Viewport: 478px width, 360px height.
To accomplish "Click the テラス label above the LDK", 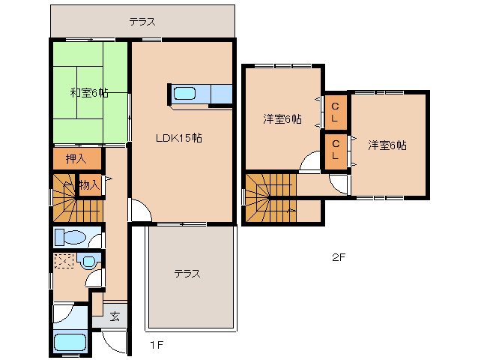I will (x=142, y=21).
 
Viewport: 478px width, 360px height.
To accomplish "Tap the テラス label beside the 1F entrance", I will (x=187, y=274).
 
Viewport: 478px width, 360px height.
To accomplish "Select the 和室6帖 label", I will (x=89, y=93).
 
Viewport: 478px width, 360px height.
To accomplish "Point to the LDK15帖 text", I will (x=178, y=138).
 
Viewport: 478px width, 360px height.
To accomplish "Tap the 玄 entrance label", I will (x=115, y=316).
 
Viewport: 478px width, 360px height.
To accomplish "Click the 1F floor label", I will (x=155, y=346).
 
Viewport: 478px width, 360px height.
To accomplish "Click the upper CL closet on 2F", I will (x=336, y=111).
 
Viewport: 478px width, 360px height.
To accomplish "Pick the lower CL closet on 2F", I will (x=336, y=149).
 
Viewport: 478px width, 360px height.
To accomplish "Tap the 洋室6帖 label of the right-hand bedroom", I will (x=387, y=145).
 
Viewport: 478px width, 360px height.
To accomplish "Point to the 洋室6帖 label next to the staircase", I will (x=282, y=119).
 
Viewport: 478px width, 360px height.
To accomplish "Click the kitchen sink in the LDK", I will (x=184, y=94).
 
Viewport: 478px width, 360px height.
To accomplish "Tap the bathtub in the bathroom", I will (x=70, y=343).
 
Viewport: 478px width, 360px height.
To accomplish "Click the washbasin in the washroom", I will (x=88, y=262).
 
